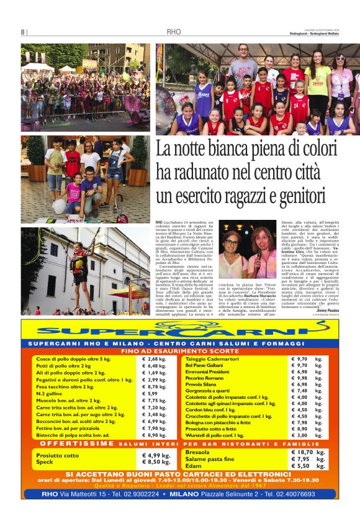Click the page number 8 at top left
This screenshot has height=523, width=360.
tap(23, 32)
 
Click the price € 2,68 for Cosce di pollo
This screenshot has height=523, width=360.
tap(154, 359)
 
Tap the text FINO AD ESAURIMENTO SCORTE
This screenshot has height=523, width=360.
tap(179, 351)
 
